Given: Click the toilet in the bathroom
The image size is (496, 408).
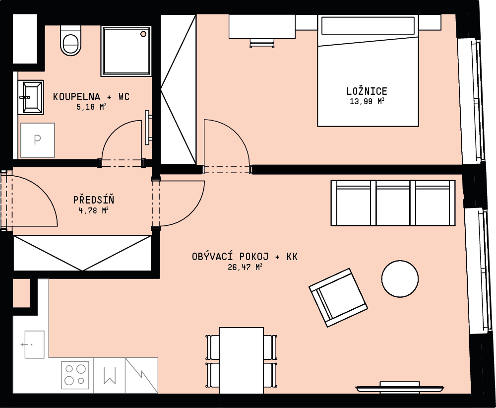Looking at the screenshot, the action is tap(70, 41).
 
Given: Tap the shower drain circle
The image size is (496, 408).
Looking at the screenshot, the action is tap(143, 34).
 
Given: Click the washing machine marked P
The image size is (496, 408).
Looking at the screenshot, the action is tap(37, 140).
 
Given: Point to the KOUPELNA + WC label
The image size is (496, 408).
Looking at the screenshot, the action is tap(91, 96).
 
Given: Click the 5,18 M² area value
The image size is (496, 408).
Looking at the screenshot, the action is tap(91, 107).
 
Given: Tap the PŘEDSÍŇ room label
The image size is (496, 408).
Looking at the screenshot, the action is tap(94, 200).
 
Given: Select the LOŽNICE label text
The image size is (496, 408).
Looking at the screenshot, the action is tap(367, 91).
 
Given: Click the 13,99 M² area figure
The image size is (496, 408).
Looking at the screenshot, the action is tap(367, 101).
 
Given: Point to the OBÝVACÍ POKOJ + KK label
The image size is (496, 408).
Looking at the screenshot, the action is tap(245, 257).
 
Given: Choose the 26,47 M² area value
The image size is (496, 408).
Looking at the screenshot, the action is tap(245, 267).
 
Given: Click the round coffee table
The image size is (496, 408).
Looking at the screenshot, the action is tap(400, 279).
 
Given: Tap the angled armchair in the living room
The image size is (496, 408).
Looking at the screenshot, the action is tap(338, 297).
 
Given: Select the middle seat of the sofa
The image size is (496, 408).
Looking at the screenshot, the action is tap(393, 203).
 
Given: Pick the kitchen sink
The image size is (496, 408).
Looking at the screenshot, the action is tap(34, 344).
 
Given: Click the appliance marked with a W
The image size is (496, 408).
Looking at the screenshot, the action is tap(110, 375).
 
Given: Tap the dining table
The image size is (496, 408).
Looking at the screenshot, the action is tap(241, 360).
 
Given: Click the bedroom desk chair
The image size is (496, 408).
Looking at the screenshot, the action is tap(262, 43).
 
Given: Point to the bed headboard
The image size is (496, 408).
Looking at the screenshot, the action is tap(368, 26).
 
